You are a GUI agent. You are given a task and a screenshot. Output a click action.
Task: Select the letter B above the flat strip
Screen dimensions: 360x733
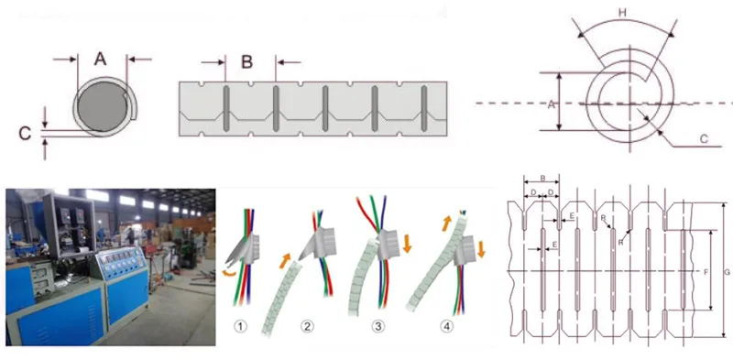pyautogui.click(x=247, y=62)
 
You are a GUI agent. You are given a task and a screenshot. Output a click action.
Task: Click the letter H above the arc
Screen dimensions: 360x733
pyautogui.click(x=623, y=14)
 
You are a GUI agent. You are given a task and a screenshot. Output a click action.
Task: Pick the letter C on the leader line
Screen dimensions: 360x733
pyautogui.click(x=704, y=138)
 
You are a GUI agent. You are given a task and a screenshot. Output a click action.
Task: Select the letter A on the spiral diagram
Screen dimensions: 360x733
pyautogui.click(x=552, y=104)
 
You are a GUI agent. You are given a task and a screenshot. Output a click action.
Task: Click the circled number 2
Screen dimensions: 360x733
pyautogui.click(x=309, y=325)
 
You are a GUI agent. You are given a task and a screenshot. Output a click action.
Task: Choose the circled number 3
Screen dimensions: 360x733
pyautogui.click(x=377, y=325)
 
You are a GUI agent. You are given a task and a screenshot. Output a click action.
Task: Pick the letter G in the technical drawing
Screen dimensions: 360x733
pyautogui.click(x=724, y=271)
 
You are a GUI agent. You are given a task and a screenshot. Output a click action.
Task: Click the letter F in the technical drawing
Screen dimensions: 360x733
pyautogui.click(x=704, y=272)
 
